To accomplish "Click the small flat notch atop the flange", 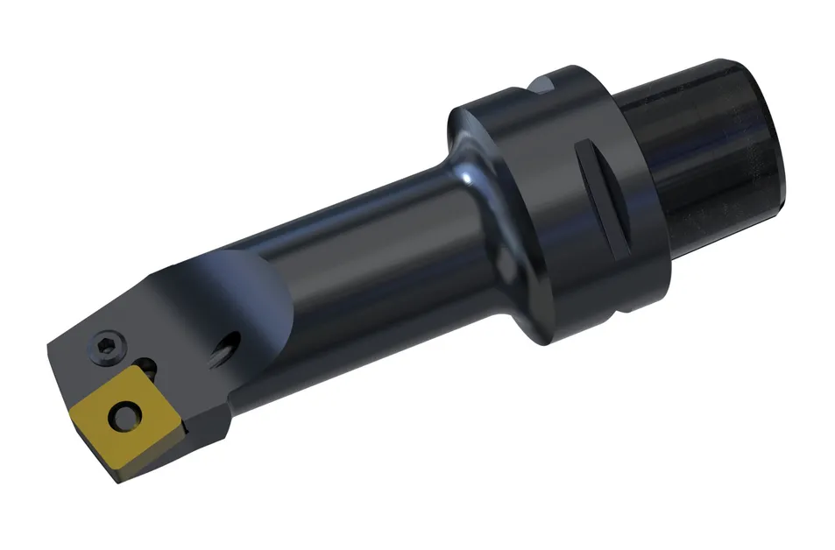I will coord(544,85).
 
